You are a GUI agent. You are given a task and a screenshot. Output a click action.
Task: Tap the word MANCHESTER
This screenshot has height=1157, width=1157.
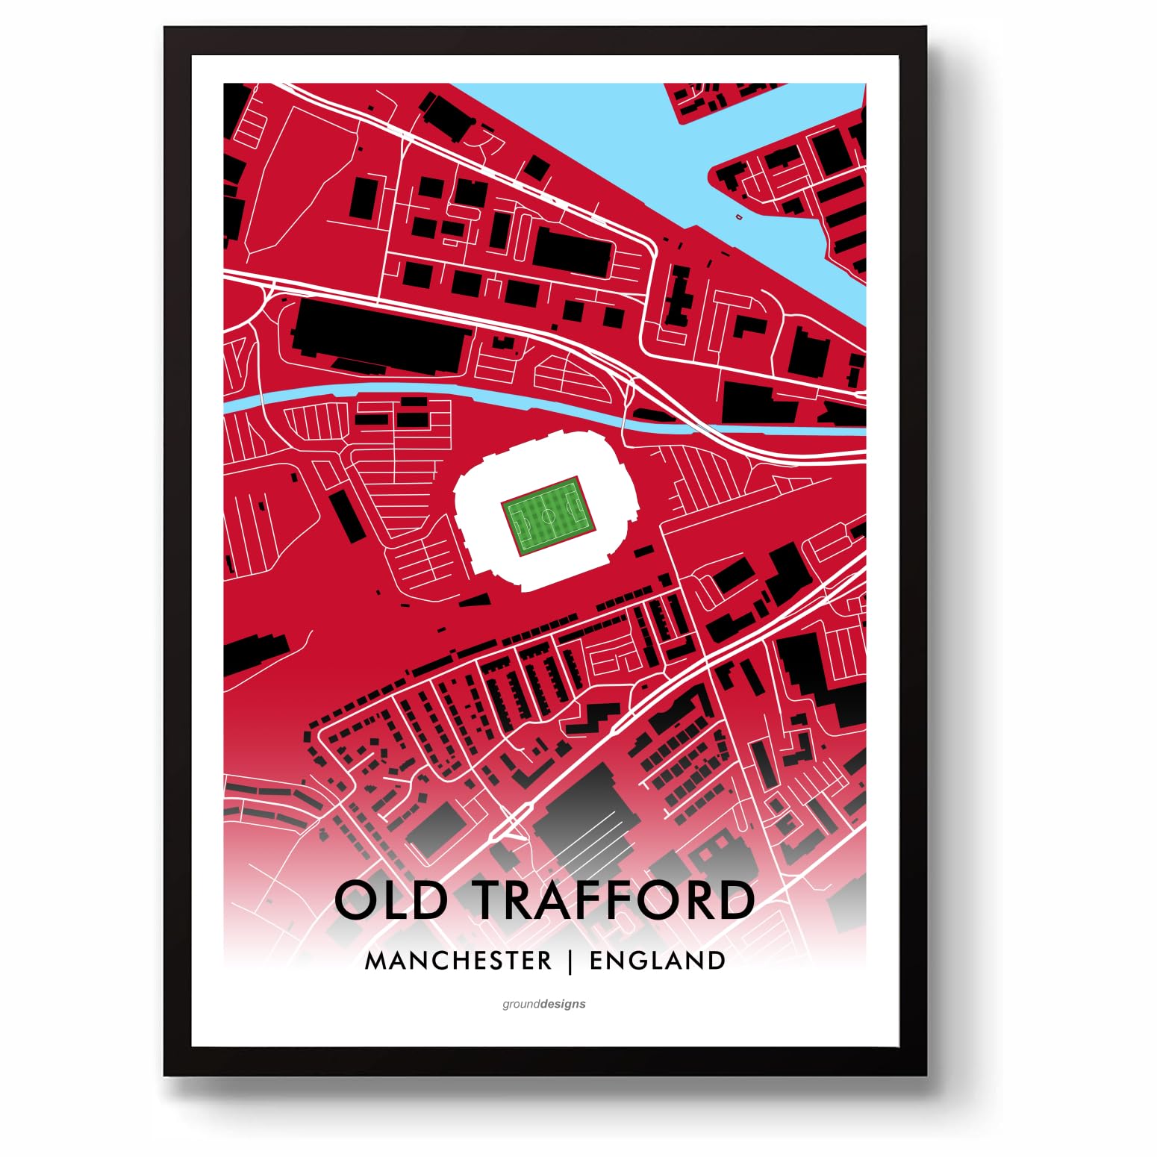pyautogui.click(x=458, y=961)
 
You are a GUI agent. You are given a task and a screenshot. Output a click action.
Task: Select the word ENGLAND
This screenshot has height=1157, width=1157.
pyautogui.click(x=657, y=961)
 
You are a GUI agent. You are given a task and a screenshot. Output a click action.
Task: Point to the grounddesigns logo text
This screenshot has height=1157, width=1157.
pyautogui.click(x=543, y=1004)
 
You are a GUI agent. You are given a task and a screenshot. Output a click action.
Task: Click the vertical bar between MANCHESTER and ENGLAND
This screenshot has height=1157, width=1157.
pyautogui.click(x=570, y=961)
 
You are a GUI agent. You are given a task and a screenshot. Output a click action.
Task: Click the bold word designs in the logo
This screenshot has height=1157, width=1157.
pyautogui.click(x=564, y=1004)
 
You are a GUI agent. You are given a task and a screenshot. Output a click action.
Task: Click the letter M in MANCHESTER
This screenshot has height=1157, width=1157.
pyautogui.click(x=375, y=961)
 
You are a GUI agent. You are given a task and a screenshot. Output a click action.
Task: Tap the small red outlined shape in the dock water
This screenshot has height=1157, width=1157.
pyautogui.click(x=739, y=217)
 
